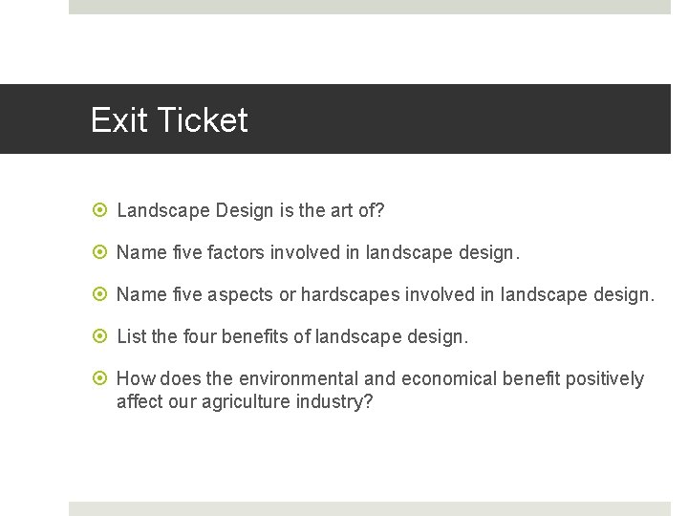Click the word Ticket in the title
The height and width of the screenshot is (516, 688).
click(x=202, y=120)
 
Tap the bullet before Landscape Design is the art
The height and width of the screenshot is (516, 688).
click(x=103, y=210)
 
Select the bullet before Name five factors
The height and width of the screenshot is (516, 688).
click(x=103, y=252)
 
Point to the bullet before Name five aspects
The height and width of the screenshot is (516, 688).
click(x=103, y=294)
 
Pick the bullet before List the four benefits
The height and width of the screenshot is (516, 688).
click(x=103, y=336)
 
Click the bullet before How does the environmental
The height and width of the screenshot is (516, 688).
click(x=103, y=379)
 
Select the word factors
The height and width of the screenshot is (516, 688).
click(x=233, y=252)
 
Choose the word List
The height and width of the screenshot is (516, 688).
click(x=131, y=336)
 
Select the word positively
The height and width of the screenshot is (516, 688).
click(x=605, y=379)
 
